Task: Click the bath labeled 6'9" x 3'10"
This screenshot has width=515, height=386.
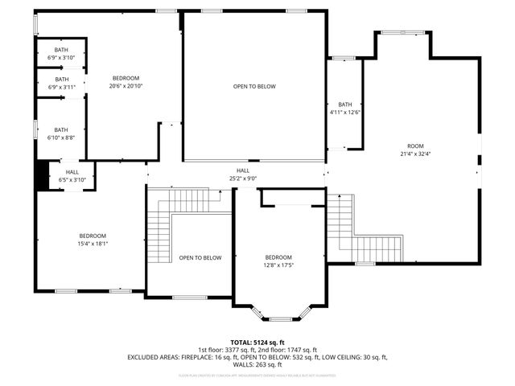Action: tap(61, 54)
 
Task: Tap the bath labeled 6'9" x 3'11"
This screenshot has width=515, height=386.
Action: tap(61, 83)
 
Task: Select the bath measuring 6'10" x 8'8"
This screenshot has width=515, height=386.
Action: tap(61, 133)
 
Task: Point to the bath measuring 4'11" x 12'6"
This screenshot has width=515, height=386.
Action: tap(345, 109)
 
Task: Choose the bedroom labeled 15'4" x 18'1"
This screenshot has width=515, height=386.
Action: tap(93, 239)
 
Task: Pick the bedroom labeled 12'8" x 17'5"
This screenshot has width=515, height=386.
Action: tap(278, 261)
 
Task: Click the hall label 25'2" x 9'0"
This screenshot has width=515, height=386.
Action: tap(243, 174)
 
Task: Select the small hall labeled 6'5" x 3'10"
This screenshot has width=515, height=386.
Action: tap(72, 176)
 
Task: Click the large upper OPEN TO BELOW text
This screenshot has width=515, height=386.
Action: tap(254, 86)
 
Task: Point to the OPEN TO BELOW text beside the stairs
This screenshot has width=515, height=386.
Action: tap(200, 258)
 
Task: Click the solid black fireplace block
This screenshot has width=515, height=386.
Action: tap(41, 175)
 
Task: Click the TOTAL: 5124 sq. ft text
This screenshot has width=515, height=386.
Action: tap(257, 342)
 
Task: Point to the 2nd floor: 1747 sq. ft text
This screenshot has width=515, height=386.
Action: tap(293, 349)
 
